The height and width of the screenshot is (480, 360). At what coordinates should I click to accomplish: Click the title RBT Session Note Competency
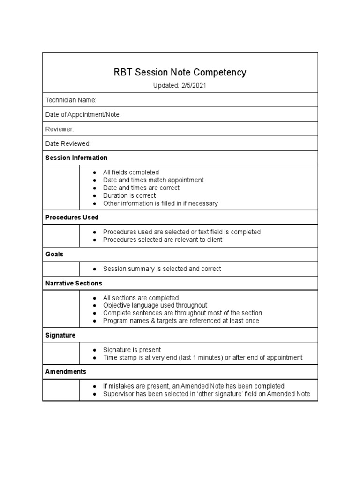[180, 73]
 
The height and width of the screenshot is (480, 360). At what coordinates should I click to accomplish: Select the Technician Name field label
[71, 100]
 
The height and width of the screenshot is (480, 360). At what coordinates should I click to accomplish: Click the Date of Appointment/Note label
[83, 114]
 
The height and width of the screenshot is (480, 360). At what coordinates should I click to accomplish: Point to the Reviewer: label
[60, 129]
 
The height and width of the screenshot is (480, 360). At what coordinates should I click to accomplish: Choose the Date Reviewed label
[68, 143]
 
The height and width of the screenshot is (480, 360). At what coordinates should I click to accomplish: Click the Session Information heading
[76, 157]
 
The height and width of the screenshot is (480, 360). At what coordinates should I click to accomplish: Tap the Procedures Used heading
[72, 217]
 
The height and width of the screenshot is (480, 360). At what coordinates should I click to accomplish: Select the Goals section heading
[54, 254]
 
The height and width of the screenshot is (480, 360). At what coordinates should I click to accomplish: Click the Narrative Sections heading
[74, 283]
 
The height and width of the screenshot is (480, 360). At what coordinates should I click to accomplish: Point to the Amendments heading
[66, 371]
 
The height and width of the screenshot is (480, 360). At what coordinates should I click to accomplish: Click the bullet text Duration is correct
[129, 195]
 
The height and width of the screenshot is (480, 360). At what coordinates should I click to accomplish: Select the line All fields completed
[131, 172]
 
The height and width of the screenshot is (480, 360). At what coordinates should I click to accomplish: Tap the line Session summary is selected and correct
[162, 269]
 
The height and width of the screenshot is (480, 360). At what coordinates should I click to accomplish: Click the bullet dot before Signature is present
[95, 350]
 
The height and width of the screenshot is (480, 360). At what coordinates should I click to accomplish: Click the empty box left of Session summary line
[61, 269]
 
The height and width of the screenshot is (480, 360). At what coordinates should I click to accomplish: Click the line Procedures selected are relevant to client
[162, 240]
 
